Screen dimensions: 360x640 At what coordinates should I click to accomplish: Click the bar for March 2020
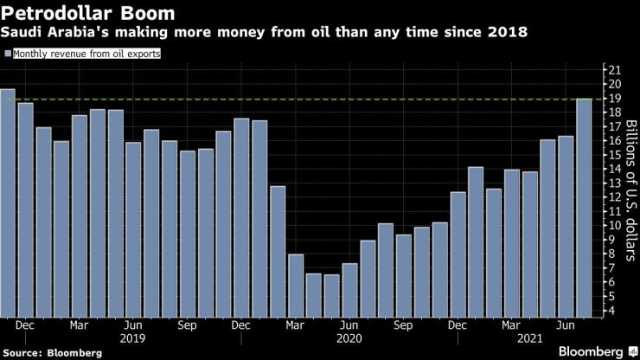coord(296,286)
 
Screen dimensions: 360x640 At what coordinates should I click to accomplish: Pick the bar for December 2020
coord(458,254)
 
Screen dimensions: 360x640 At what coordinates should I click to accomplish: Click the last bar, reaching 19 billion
coord(585,208)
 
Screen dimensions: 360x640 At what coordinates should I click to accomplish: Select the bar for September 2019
coord(188,234)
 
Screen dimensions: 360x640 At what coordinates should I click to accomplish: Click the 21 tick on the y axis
coord(613,70)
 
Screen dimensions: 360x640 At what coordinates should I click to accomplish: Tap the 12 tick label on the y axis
coord(613,197)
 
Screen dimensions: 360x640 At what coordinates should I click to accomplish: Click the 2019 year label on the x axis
coord(134,340)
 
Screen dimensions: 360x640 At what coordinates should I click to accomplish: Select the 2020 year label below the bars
coord(350,340)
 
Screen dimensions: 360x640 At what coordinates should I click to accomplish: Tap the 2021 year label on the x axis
coord(529,340)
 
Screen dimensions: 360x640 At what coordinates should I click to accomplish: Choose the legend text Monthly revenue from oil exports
coord(86,54)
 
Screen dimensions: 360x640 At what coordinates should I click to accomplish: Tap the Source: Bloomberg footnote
coord(52,353)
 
